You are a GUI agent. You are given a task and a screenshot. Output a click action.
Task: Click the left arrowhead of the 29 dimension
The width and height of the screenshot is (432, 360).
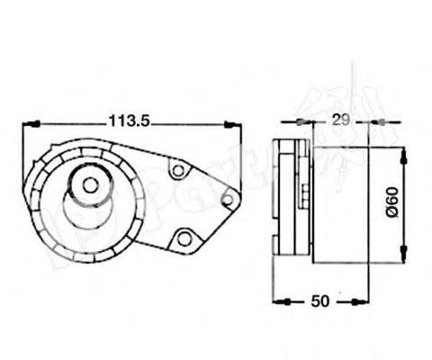[302, 120]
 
